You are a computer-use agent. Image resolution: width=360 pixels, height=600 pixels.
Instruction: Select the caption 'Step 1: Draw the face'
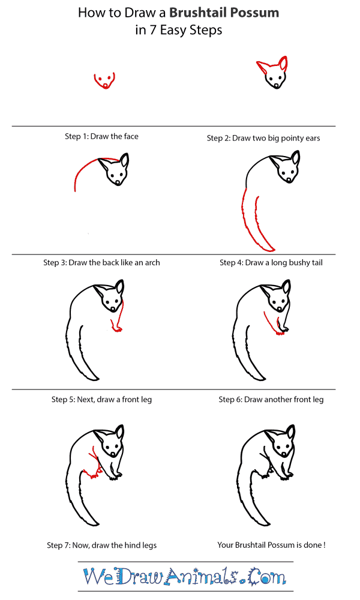click(x=101, y=136)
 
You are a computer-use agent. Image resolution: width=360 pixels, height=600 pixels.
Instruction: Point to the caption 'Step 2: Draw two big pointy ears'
click(x=263, y=138)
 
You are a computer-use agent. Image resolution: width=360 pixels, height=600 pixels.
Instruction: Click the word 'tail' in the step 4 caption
click(x=314, y=262)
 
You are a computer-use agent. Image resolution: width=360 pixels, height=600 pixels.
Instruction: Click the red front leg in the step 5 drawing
click(x=118, y=321)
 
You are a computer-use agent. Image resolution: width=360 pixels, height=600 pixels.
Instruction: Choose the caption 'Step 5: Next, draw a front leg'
click(x=101, y=399)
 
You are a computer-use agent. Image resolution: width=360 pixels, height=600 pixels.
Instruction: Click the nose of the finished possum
click(x=278, y=456)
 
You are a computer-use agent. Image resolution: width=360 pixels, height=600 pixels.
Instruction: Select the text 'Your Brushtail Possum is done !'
click(x=271, y=545)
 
